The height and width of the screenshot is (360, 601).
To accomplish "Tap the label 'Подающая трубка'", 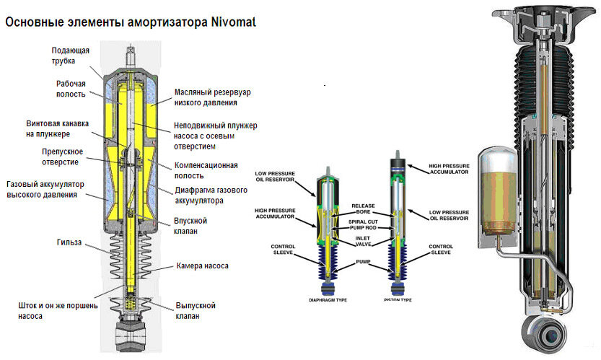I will pyautogui.click(x=70, y=56).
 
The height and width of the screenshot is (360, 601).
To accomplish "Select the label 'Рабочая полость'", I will pyautogui.click(x=71, y=88).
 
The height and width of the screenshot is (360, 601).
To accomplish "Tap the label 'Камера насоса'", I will pyautogui.click(x=203, y=266).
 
